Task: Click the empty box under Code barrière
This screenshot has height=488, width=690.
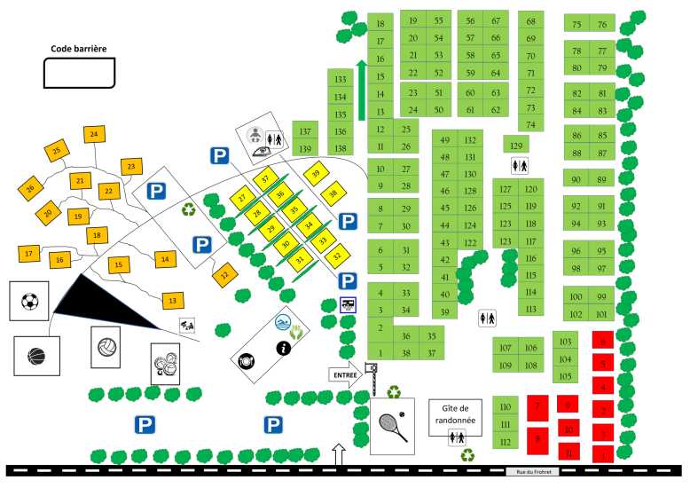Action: tap(79, 73)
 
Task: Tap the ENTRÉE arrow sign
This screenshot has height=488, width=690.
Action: tap(347, 374)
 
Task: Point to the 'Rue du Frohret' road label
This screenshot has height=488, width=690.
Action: tap(531, 472)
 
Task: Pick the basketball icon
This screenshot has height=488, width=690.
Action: tap(36, 357)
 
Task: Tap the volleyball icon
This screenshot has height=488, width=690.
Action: tap(106, 344)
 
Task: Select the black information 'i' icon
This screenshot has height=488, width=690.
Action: tap(284, 348)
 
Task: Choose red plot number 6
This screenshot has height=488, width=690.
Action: tap(603, 342)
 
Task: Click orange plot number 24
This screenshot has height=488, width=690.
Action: tap(93, 135)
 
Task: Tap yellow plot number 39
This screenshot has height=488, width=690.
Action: tap(315, 174)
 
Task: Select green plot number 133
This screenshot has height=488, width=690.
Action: tap(340, 80)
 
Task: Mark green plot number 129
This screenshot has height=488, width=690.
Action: tap(516, 145)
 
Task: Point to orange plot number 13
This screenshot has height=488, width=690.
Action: tap(172, 302)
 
